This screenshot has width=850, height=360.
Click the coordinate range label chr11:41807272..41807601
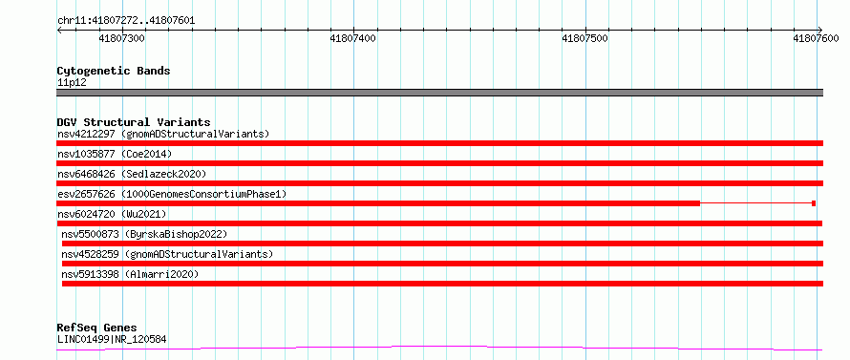126,21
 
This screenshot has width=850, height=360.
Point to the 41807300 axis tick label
122,39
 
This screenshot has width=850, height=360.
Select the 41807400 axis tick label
353,39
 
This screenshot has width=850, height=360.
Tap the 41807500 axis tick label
584,39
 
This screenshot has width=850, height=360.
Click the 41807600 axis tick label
816,39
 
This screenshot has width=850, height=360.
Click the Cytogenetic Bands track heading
114,71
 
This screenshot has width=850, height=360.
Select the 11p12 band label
72,83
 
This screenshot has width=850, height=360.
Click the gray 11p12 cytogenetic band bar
439,93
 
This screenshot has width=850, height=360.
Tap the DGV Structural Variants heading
134,122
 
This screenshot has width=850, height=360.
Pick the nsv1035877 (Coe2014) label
115,154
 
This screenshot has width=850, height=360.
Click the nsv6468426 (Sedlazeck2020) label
132,174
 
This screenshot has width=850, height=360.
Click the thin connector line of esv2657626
756,203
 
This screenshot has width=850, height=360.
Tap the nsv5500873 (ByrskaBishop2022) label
143,234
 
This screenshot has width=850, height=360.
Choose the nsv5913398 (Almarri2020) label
130,274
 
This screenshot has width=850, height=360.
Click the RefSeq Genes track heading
96,328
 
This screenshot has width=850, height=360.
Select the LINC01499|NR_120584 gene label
112,340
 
